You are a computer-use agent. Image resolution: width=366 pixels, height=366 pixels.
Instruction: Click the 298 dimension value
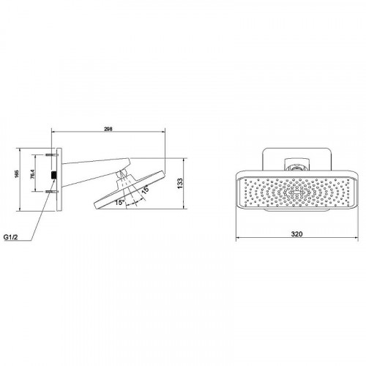point(108,129)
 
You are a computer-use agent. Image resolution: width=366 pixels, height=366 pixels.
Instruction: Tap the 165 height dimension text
point(17,174)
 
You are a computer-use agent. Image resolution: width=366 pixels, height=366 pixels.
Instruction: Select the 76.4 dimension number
point(33,174)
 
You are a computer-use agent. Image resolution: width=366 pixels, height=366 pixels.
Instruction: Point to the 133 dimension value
point(180,183)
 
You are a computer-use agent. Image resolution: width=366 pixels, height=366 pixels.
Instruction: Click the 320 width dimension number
point(296,234)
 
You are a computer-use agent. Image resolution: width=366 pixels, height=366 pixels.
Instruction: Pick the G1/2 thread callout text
point(11,237)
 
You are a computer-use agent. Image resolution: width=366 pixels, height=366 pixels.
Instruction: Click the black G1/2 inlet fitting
point(53,175)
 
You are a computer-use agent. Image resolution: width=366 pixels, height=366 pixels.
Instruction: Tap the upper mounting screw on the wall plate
point(52,154)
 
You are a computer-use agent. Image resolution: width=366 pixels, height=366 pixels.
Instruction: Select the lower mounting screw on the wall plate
point(52,192)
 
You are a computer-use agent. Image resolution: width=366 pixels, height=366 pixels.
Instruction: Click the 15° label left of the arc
point(120,202)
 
